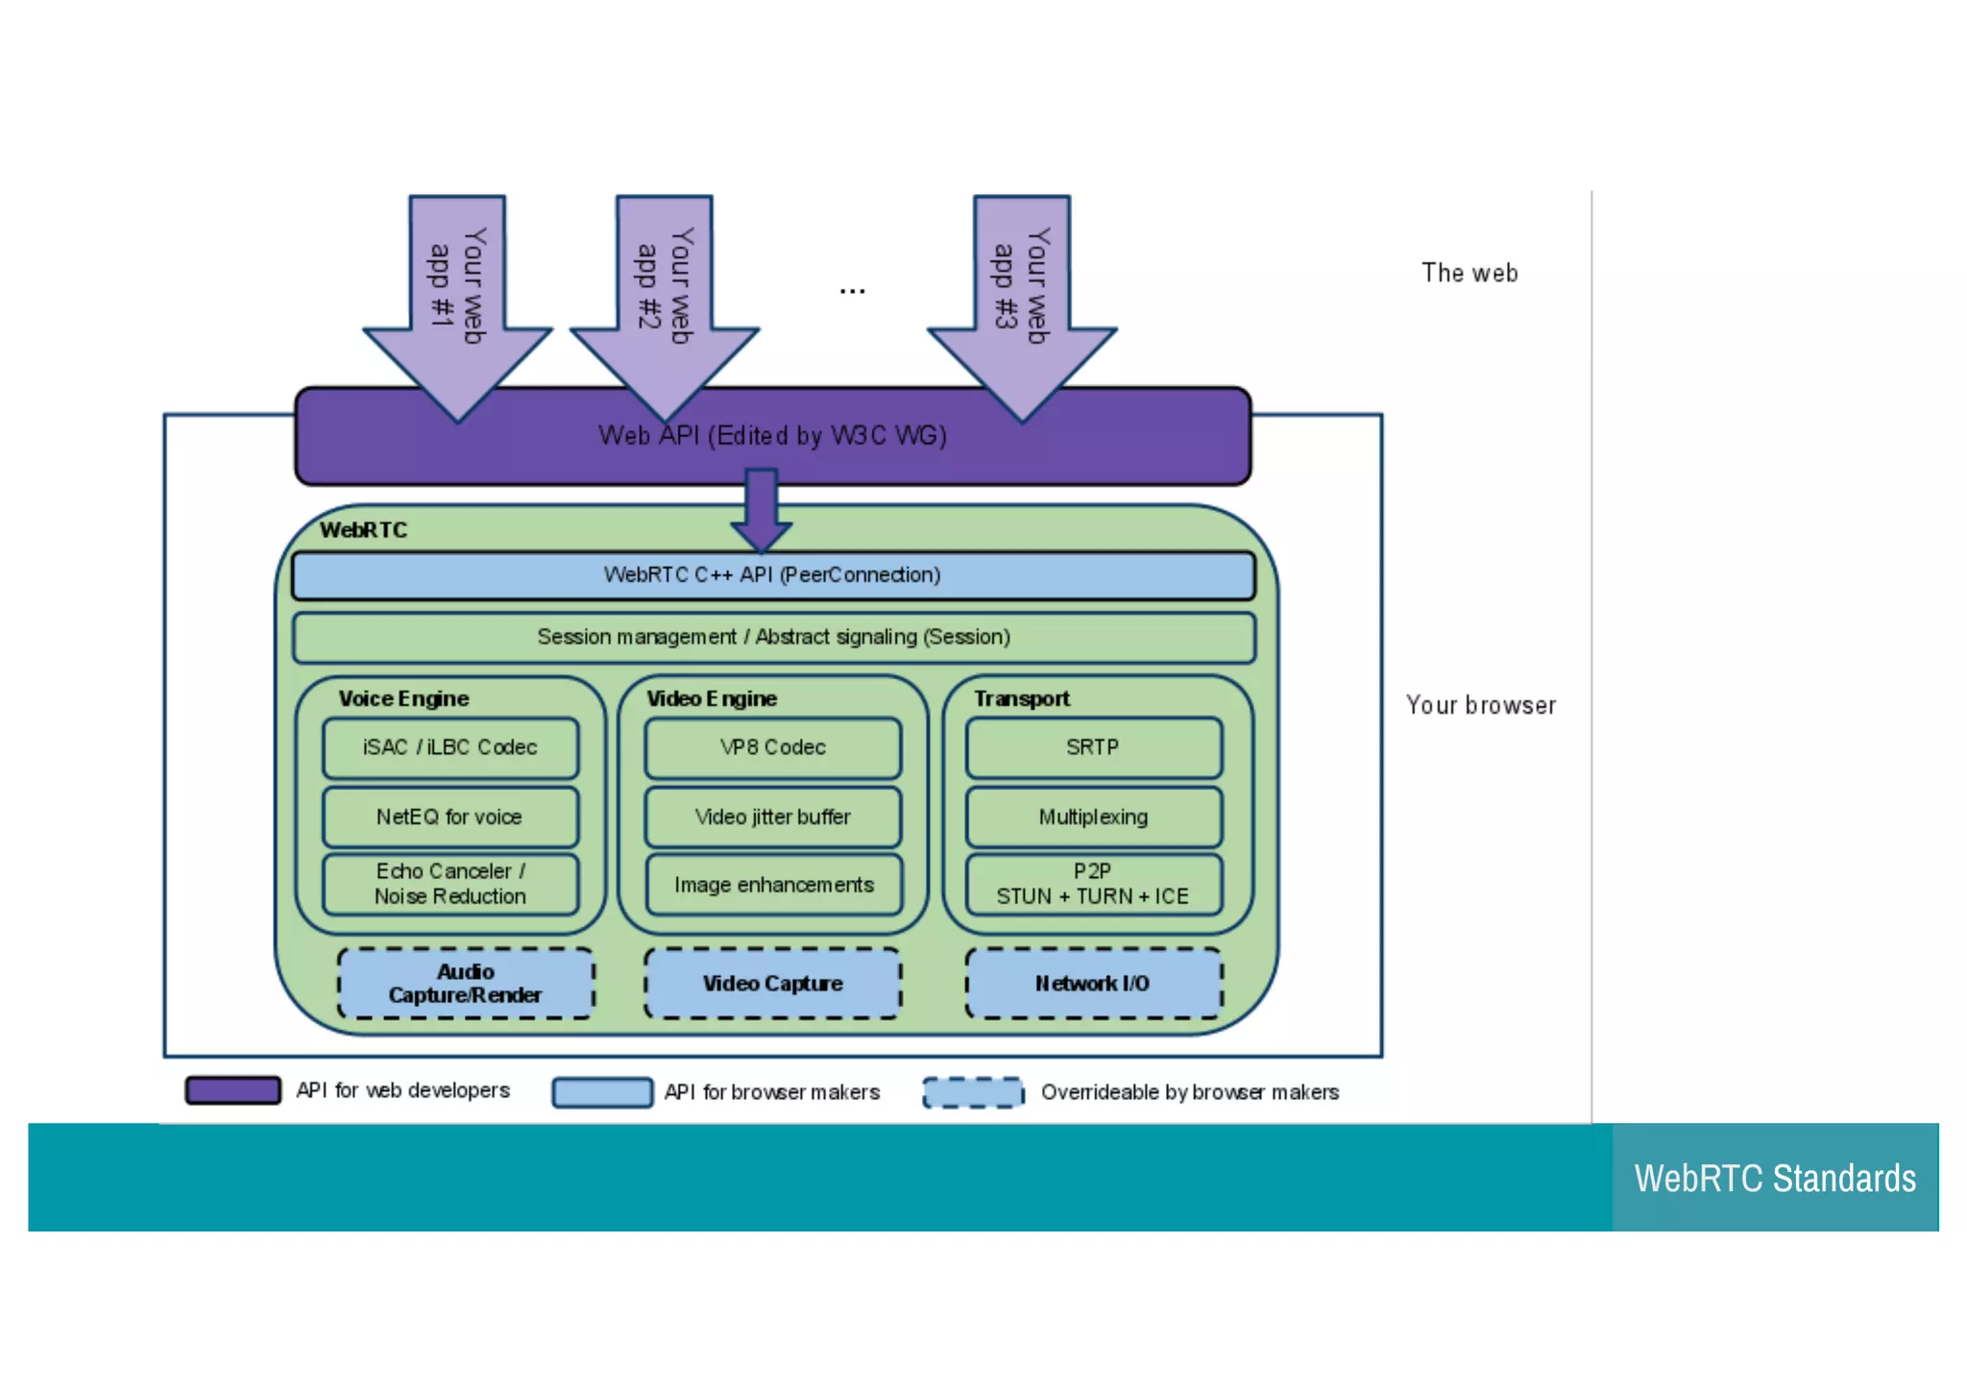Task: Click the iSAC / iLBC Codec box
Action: click(450, 747)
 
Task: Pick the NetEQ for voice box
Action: click(450, 817)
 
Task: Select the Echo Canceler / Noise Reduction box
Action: click(450, 884)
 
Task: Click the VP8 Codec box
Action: click(773, 747)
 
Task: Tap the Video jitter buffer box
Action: click(773, 817)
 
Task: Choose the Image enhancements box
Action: click(773, 884)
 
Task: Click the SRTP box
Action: click(1094, 747)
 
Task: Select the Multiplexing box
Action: click(1094, 817)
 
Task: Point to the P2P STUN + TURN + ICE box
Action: click(1094, 884)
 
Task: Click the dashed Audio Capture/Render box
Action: click(466, 983)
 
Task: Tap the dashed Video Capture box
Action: click(773, 983)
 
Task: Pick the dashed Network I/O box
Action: click(1094, 983)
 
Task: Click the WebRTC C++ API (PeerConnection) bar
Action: click(773, 575)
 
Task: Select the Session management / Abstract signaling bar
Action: click(773, 637)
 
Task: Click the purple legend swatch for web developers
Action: click(233, 1090)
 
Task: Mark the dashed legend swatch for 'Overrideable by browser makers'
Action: click(973, 1092)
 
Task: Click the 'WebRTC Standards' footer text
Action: click(1775, 1178)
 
